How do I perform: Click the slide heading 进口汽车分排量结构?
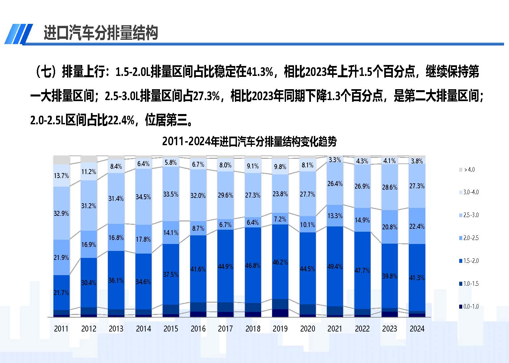click(x=101, y=33)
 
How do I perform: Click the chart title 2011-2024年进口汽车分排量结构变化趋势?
click(x=249, y=142)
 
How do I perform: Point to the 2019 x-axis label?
click(x=280, y=329)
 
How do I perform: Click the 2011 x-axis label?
click(x=61, y=329)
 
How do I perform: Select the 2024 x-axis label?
click(x=417, y=329)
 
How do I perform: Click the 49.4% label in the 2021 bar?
click(x=335, y=267)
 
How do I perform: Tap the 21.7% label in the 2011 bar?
click(x=61, y=293)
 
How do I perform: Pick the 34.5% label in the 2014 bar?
click(x=143, y=197)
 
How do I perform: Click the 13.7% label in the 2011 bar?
click(x=61, y=176)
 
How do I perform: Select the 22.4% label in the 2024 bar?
click(x=417, y=226)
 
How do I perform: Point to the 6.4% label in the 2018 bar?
click(x=253, y=222)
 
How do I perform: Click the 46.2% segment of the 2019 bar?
click(x=280, y=262)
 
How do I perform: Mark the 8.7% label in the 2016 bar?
click(x=198, y=228)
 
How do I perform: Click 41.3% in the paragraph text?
click(x=260, y=72)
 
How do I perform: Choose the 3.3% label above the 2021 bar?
click(x=334, y=160)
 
